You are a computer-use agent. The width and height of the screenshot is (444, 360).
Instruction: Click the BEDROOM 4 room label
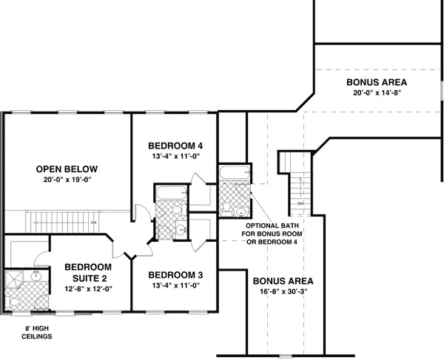tap(175, 145)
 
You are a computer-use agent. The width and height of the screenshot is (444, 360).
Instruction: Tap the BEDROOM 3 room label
tap(175, 275)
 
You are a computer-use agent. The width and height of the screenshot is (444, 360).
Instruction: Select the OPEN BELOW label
tap(67, 169)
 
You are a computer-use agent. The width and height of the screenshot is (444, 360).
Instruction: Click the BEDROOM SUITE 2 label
tap(87, 272)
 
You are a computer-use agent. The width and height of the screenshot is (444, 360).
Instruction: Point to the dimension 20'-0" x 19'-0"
tap(67, 180)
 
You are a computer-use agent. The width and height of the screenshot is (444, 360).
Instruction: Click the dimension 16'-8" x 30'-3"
tap(283, 292)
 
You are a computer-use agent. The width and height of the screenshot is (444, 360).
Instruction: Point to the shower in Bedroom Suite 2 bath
tap(14, 282)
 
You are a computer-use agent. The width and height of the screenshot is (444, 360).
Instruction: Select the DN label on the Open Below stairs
tap(93, 222)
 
